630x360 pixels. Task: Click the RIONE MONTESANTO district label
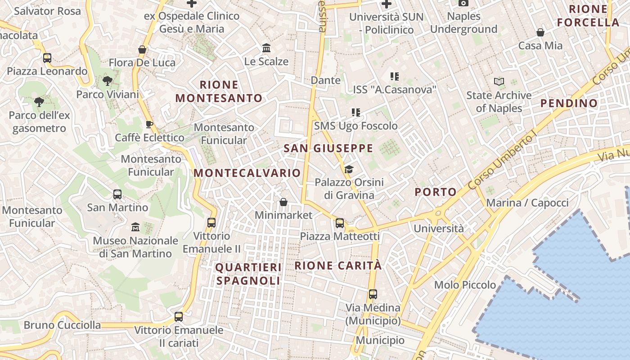tap(219, 91)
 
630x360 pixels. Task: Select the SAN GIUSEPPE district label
tap(328, 148)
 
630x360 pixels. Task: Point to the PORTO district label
tap(436, 192)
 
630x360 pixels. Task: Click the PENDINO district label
tap(569, 103)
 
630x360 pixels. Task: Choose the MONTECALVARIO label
tap(247, 173)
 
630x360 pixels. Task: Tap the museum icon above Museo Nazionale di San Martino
tap(135, 227)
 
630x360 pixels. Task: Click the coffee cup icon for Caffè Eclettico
tap(149, 124)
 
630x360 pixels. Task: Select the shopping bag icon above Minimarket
tap(283, 202)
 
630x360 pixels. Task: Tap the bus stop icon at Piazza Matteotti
tap(340, 223)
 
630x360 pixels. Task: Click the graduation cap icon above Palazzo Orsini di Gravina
tap(349, 169)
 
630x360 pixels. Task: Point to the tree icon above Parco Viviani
tap(107, 81)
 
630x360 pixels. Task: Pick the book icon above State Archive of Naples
tap(499, 81)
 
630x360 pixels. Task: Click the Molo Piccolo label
tap(465, 285)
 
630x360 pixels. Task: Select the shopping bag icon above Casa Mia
tap(540, 32)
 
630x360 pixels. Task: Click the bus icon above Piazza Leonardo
tap(47, 58)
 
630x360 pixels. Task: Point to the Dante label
tap(325, 80)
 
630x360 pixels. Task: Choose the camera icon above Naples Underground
tap(463, 3)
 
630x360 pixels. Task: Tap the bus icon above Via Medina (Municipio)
tap(373, 294)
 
